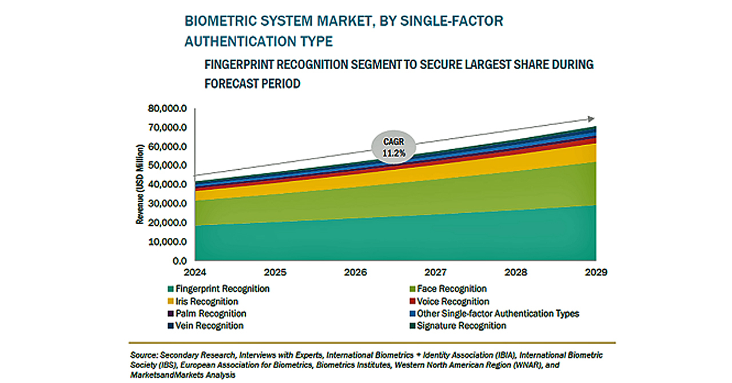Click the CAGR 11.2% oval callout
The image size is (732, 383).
click(394, 147)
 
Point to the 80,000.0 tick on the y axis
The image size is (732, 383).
click(168, 108)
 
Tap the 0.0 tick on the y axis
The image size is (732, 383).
click(180, 261)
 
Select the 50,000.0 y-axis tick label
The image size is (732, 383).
click(168, 165)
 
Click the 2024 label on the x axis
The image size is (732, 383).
click(195, 272)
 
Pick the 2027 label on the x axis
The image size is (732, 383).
click(436, 272)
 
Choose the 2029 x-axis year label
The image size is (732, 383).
click(596, 272)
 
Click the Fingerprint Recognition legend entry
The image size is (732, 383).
click(218, 289)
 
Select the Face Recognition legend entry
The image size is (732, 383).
click(448, 289)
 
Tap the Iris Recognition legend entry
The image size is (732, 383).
click(203, 301)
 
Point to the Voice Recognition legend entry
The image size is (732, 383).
click(449, 301)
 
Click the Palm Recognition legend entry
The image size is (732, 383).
click(207, 314)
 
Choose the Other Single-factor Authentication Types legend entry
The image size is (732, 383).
click(495, 314)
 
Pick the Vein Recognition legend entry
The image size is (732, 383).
click(205, 326)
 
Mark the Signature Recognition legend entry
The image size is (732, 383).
click(458, 326)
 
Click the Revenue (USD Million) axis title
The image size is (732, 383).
click(140, 184)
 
